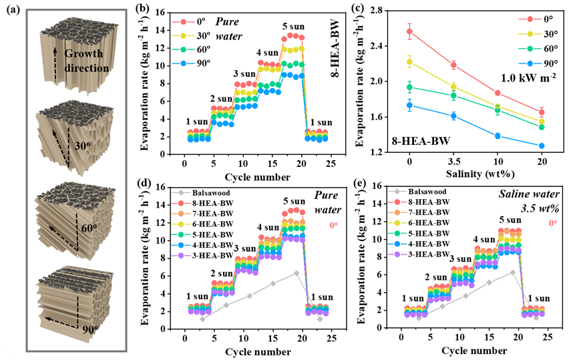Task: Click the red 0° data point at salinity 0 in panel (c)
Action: pos(409,31)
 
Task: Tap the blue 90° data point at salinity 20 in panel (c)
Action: pos(541,146)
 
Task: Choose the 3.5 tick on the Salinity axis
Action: pos(453,162)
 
